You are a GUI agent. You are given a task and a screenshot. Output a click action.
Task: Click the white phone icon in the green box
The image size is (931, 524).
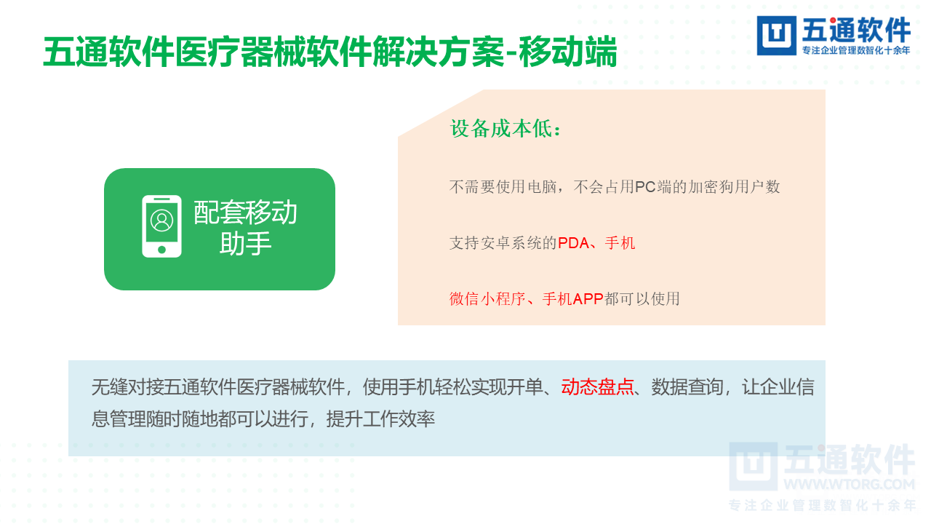(x=161, y=226)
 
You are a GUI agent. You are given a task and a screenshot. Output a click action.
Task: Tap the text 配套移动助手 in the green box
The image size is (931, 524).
(x=246, y=228)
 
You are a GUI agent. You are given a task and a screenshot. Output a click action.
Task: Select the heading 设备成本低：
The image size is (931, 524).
(x=506, y=129)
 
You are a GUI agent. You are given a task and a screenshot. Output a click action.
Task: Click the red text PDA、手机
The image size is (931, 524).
(x=596, y=243)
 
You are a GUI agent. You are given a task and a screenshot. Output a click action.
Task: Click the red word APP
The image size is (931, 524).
(x=588, y=298)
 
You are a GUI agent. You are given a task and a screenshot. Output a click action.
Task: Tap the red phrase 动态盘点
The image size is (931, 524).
(x=597, y=387)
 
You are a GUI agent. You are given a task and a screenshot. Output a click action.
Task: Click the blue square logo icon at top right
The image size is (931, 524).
(x=777, y=36)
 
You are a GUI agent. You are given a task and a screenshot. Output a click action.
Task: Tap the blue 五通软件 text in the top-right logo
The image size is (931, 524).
(x=856, y=31)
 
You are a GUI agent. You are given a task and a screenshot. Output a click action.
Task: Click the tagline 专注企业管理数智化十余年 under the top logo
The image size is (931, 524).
(x=855, y=51)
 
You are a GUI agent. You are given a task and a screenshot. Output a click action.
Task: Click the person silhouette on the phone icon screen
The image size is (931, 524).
(x=161, y=220)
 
